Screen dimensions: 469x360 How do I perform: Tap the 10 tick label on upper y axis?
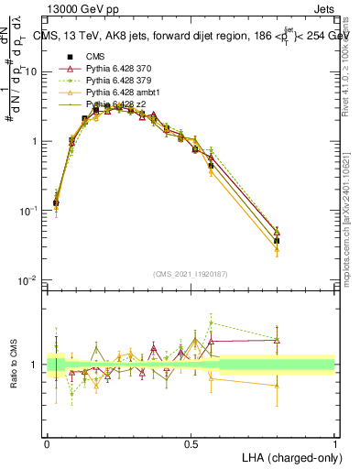point(32,71)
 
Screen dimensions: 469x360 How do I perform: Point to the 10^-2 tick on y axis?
point(29,280)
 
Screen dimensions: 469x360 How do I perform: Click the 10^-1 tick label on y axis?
point(29,211)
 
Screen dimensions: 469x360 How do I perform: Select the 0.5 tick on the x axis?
point(191,443)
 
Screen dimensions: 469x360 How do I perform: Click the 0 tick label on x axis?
point(47,443)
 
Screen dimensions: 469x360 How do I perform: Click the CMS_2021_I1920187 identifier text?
point(190,274)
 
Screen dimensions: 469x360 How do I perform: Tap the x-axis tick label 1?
point(334,443)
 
